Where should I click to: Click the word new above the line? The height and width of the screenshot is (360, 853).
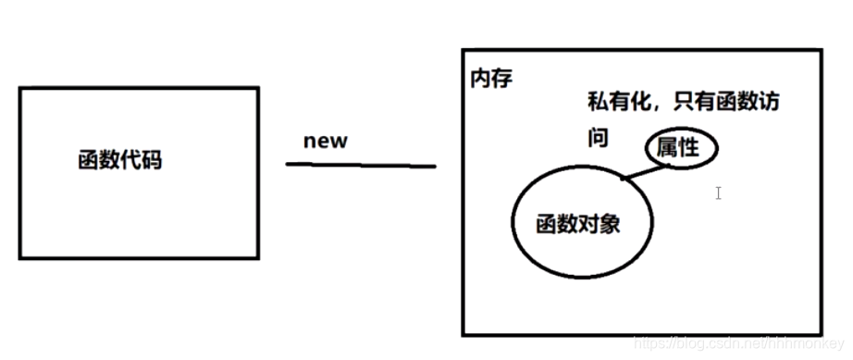(x=325, y=141)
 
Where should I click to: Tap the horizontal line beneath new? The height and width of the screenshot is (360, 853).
(x=361, y=166)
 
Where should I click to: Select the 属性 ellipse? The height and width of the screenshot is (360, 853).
(x=681, y=148)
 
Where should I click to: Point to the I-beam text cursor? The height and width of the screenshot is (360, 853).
(x=718, y=193)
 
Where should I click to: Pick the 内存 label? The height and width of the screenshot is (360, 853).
(x=491, y=79)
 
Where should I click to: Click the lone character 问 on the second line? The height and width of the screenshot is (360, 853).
(x=599, y=139)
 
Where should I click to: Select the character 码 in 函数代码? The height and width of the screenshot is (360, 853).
(x=152, y=160)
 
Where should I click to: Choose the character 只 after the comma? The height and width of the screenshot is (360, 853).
(x=686, y=102)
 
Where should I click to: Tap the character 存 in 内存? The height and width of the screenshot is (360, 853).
(x=502, y=79)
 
